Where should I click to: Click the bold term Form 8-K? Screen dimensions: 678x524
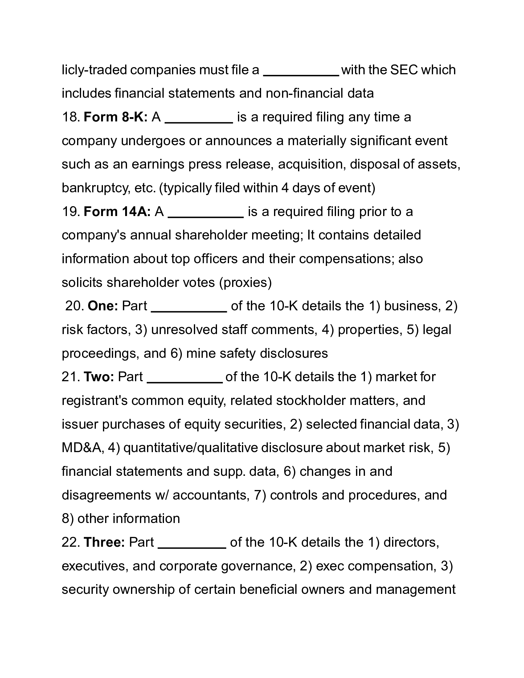click(x=116, y=117)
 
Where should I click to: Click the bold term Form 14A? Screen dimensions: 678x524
click(x=117, y=212)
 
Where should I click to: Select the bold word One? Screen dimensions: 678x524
click(x=103, y=306)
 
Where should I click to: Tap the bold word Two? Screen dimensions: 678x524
click(x=99, y=377)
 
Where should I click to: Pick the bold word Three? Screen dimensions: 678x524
click(x=104, y=542)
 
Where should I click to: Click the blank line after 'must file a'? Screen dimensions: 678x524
click(x=301, y=75)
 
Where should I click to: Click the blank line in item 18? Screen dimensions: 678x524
click(x=199, y=122)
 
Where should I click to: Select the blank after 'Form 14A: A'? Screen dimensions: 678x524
click(x=206, y=216)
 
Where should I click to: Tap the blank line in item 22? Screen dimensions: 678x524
click(x=192, y=547)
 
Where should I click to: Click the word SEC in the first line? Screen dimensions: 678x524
click(x=404, y=70)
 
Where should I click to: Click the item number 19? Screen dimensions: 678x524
click(x=71, y=212)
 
